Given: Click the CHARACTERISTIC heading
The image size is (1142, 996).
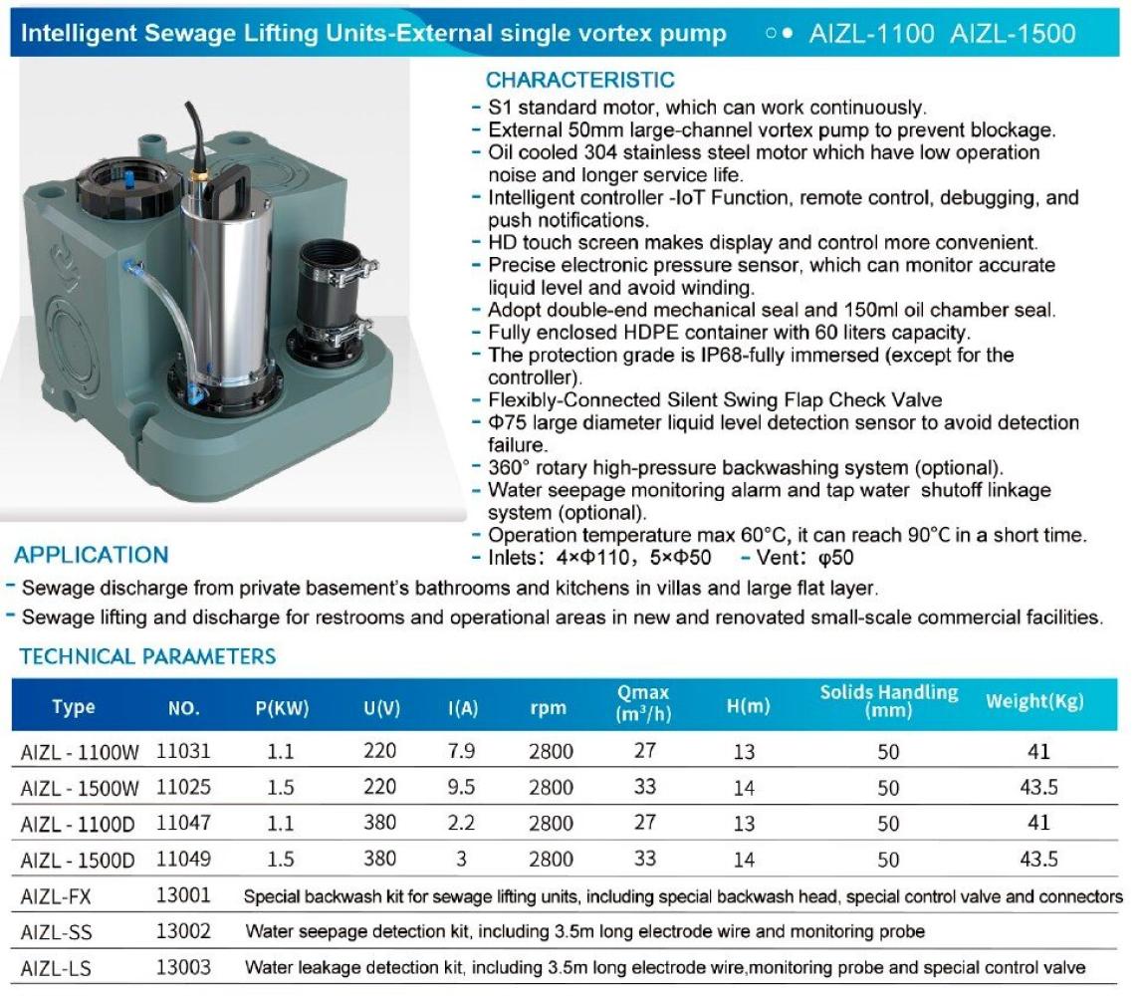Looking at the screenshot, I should coord(579,81).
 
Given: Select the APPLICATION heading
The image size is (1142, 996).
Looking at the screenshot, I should coord(91,555).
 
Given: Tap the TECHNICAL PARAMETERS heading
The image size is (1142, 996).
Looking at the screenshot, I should coord(147,656).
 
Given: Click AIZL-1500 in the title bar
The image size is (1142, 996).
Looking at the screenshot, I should coord(1013,34).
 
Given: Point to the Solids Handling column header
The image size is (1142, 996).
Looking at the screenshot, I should coord(888,701).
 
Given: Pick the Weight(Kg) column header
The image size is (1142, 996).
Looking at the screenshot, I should coord(1035,702).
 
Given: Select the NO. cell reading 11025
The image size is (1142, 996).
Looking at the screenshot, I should coord(183,786).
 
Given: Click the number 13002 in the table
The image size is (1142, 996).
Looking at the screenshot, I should coord(183,931).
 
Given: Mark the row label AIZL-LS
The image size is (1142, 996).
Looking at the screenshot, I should coord(56,967).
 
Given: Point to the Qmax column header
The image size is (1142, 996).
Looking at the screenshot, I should coord(643,701).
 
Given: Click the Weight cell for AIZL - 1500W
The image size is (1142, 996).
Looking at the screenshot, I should coord(1037,787).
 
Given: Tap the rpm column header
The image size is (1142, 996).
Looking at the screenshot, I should coord(548,708).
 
